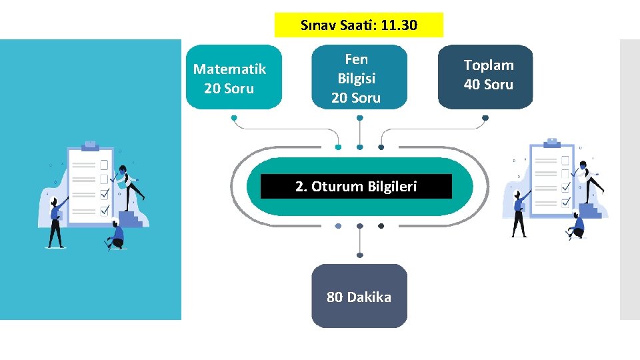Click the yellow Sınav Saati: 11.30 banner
click(x=359, y=25)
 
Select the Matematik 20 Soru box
click(x=233, y=77)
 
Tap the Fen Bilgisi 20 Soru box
click(x=359, y=77)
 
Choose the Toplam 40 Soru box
click(x=485, y=76)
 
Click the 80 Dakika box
click(x=359, y=297)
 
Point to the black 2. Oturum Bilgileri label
click(x=356, y=187)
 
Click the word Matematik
click(x=229, y=69)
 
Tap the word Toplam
click(x=489, y=65)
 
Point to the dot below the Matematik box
click(x=234, y=117)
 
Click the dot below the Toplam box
click(x=485, y=117)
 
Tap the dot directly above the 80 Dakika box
click(x=360, y=255)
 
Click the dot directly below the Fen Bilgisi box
click(x=360, y=117)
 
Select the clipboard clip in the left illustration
click(x=90, y=143)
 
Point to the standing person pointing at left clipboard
click(x=56, y=220)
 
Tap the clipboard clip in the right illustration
click(x=551, y=141)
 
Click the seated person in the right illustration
click(x=576, y=227)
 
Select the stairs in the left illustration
click(x=131, y=219)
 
